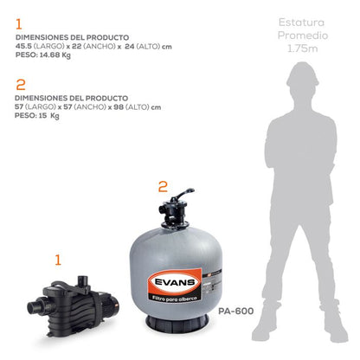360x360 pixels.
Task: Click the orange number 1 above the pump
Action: (x=59, y=259)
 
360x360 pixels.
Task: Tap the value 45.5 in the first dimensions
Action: (x=23, y=47)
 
